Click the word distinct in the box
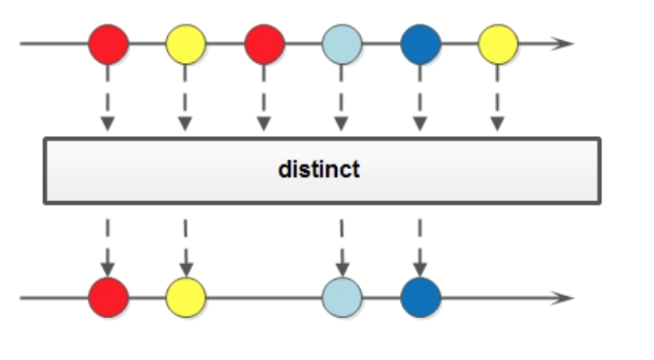pyautogui.click(x=320, y=170)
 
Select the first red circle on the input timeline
pyautogui.click(x=108, y=43)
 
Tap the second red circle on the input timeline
pyautogui.click(x=264, y=43)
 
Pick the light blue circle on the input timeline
pyautogui.click(x=342, y=43)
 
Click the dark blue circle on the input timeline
pyautogui.click(x=420, y=43)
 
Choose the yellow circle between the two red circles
pyautogui.click(x=185, y=43)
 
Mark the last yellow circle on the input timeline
pyautogui.click(x=498, y=43)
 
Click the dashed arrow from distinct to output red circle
pyautogui.click(x=108, y=245)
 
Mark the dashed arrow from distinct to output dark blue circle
pyautogui.click(x=420, y=245)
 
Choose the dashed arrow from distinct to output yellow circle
pyautogui.click(x=185, y=245)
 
